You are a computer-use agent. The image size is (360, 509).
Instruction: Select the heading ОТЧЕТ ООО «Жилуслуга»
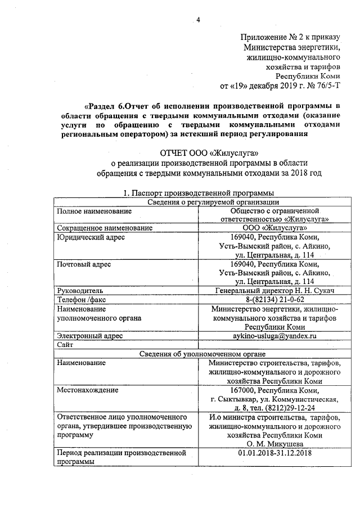point(211,152)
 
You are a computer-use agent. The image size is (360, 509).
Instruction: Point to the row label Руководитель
point(79,291)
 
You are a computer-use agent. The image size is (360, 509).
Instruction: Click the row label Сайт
point(65,344)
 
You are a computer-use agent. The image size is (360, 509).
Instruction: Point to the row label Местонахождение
point(87,390)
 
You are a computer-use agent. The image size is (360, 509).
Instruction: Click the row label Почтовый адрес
point(84,264)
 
